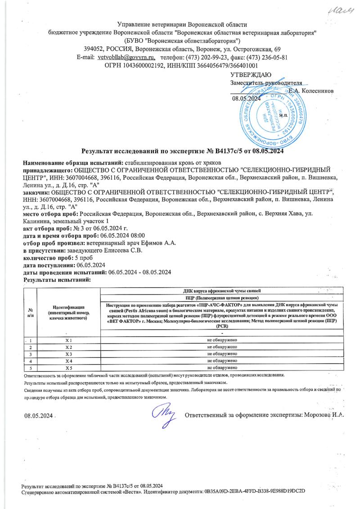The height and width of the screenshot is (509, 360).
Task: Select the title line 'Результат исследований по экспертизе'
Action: click(142, 152)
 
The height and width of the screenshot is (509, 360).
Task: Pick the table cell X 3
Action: click(69, 354)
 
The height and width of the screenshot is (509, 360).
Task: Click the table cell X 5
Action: click(69, 368)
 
